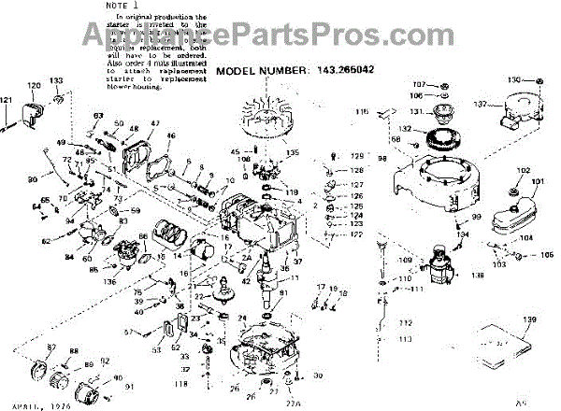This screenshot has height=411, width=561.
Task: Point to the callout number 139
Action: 530,320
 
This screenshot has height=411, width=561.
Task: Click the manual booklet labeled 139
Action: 508,349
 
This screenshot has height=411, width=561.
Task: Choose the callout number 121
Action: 7,100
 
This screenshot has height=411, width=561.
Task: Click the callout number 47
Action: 153,124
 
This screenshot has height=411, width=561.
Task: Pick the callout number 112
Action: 404,323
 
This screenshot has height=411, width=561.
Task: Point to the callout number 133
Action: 56,81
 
